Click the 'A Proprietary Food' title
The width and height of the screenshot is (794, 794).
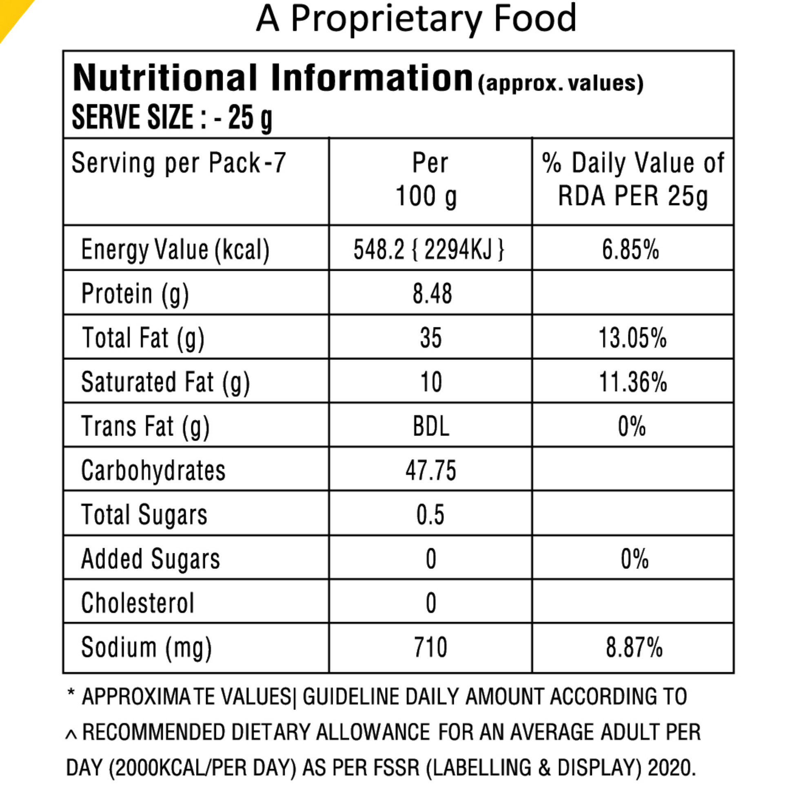[x=415, y=19]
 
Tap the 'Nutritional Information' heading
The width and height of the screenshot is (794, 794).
[x=273, y=78]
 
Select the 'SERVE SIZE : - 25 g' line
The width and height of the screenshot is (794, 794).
[x=172, y=117]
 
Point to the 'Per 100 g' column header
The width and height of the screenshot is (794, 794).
[x=428, y=179]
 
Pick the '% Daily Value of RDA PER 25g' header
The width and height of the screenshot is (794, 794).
[x=633, y=179]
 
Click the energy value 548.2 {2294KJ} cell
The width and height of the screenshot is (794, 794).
[x=429, y=249]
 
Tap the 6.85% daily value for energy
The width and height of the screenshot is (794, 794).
[x=630, y=249]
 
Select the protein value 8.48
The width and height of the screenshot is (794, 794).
[x=432, y=293]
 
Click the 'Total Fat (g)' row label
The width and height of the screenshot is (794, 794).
[x=143, y=339]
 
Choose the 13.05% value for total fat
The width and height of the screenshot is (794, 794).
[x=632, y=338]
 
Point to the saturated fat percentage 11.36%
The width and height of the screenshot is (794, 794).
[x=633, y=382]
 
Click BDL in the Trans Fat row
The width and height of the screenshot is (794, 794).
[x=431, y=426]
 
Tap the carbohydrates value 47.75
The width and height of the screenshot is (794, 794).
[x=431, y=470]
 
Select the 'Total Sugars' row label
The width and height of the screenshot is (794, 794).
[x=144, y=515]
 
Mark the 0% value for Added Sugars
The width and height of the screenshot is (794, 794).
[x=634, y=559]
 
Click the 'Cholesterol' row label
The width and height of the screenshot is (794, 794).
[x=138, y=603]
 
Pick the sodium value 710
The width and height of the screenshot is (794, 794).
[x=431, y=647]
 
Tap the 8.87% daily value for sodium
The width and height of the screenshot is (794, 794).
[x=634, y=647]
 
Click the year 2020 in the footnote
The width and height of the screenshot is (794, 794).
[x=672, y=768]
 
